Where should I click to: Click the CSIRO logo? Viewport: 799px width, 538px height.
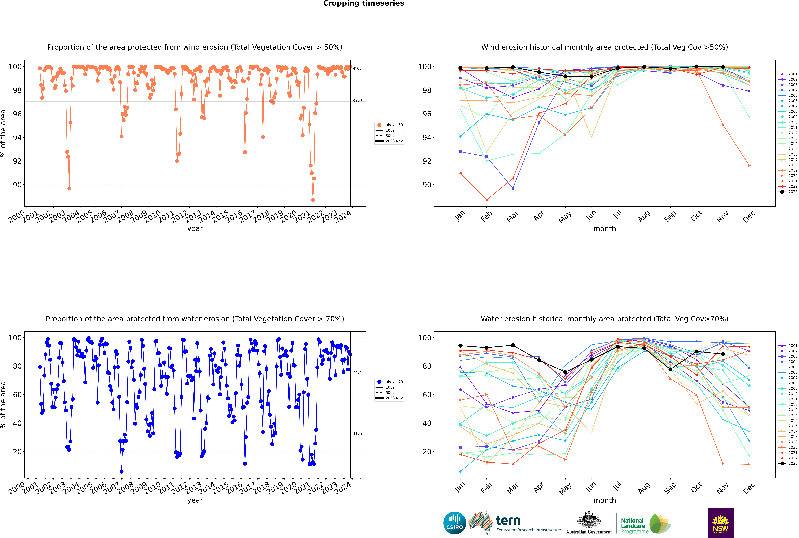coord(454,523)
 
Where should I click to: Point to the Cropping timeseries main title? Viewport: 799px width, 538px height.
coord(363,3)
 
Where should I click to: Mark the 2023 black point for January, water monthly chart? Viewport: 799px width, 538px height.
coord(460,346)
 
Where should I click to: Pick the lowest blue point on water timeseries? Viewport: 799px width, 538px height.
coord(121,471)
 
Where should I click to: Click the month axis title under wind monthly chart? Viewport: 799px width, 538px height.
coord(605,229)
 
